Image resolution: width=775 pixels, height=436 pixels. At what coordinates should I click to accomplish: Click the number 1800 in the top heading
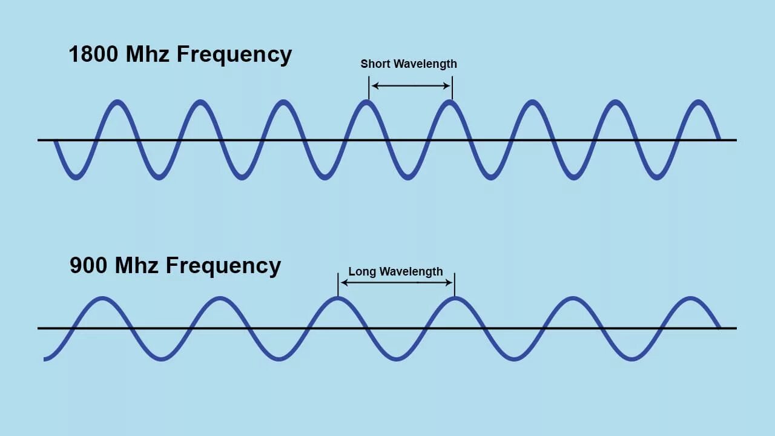tap(94, 54)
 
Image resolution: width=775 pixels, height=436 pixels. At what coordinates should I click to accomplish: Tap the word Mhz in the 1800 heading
tap(148, 54)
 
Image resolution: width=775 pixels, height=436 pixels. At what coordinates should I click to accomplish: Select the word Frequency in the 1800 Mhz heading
tap(234, 55)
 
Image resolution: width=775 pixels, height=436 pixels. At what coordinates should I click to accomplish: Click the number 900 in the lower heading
tap(89, 266)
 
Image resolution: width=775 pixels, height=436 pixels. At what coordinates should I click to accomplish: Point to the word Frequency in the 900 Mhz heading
tap(223, 266)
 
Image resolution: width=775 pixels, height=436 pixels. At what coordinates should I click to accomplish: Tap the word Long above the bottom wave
tap(362, 272)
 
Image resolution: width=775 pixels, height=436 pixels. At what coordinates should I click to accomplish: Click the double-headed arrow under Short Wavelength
tap(410, 86)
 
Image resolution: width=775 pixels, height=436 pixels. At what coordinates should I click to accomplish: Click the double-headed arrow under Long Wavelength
tap(396, 282)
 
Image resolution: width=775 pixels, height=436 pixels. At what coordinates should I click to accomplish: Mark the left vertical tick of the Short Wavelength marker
tap(368, 88)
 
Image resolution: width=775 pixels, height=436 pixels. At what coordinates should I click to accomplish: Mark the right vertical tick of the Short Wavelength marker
tap(452, 88)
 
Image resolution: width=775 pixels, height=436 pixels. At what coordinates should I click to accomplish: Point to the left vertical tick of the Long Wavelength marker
tap(338, 285)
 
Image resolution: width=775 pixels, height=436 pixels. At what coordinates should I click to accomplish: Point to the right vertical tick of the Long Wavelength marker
tap(454, 285)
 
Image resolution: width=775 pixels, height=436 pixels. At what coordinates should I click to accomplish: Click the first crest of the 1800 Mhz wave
tap(117, 102)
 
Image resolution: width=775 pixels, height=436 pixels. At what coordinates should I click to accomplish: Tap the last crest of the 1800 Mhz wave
tap(699, 102)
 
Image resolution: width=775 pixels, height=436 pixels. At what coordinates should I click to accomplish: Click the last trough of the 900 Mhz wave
tap(632, 358)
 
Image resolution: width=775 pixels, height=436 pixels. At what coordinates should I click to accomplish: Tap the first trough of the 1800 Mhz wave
tap(76, 177)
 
